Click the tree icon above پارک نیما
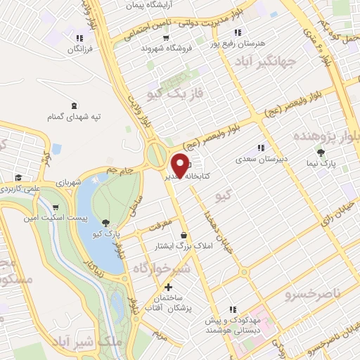click(x=321, y=152)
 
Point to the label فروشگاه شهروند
click(x=162, y=49)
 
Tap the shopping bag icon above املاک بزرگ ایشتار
click(x=184, y=234)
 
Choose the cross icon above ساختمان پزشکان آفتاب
click(x=168, y=287)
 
